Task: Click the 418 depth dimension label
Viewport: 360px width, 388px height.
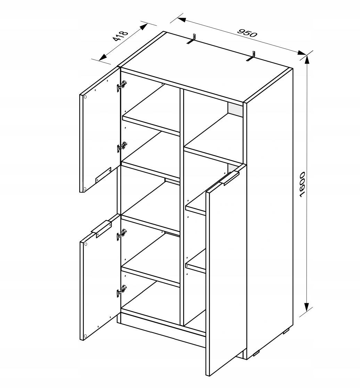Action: pos(121,36)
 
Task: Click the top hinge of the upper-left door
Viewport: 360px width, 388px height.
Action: pos(121,86)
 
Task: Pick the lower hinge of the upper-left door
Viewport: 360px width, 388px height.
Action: pos(122,147)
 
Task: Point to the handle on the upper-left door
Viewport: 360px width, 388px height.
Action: pos(103,175)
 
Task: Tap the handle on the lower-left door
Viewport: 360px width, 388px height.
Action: pos(101,229)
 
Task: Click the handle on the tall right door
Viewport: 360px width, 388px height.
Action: pos(230,178)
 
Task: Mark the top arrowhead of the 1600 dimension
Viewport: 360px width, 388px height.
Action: pos(306,59)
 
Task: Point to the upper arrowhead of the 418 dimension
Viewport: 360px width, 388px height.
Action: pos(143,26)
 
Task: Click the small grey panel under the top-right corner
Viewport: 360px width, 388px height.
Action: pos(235,109)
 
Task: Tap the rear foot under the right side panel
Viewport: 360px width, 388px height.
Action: pos(287,331)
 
